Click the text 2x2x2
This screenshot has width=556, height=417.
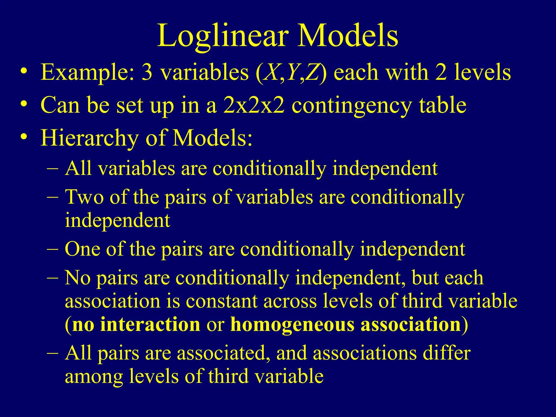click(x=254, y=105)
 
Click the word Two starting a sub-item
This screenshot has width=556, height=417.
click(x=84, y=197)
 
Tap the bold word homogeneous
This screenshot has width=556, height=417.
click(x=292, y=325)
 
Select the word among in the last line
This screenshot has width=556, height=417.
click(x=94, y=377)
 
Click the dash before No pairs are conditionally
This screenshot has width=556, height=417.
click(x=52, y=278)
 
